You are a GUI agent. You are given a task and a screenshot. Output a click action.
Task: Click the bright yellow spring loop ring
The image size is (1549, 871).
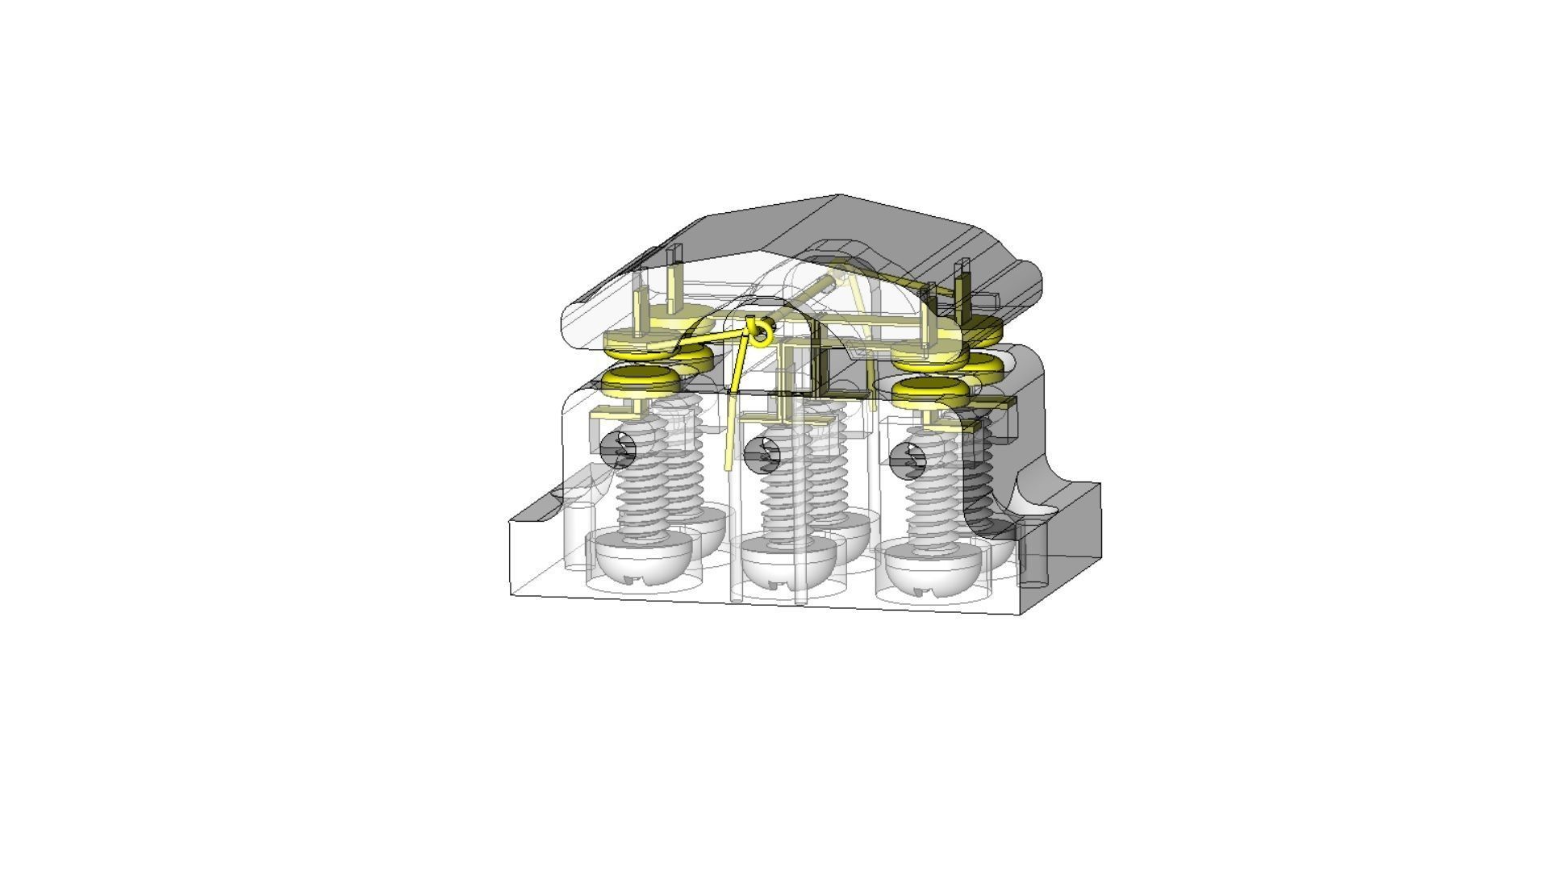click(x=759, y=330)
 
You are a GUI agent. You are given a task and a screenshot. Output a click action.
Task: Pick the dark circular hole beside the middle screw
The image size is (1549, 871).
click(x=762, y=456)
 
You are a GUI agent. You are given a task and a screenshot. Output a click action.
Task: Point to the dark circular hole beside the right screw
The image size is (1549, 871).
click(x=908, y=461)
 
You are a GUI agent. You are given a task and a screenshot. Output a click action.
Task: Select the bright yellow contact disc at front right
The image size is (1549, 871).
click(x=931, y=390)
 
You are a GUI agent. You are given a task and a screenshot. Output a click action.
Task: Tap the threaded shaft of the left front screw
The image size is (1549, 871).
click(x=643, y=492)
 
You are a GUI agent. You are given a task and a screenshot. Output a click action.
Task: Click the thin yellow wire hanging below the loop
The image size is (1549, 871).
click(x=731, y=427)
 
